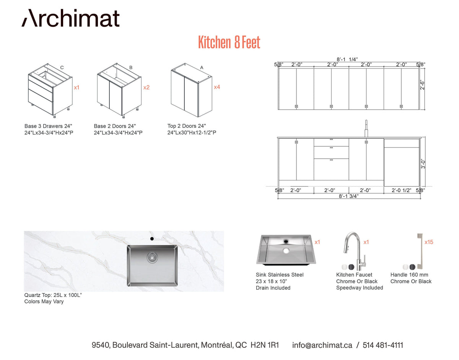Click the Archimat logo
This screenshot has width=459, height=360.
click(x=70, y=18)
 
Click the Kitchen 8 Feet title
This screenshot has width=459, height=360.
click(x=229, y=42)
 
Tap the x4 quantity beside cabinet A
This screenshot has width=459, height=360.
click(x=217, y=87)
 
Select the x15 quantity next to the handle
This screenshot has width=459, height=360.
click(x=428, y=242)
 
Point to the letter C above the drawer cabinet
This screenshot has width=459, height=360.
click(x=62, y=68)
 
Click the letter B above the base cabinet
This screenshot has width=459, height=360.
click(x=131, y=68)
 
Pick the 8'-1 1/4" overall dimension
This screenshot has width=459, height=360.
click(x=347, y=59)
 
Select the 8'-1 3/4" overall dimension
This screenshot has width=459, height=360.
click(x=348, y=196)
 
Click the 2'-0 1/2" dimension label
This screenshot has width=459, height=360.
click(x=401, y=190)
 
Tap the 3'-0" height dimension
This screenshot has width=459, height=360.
click(x=423, y=165)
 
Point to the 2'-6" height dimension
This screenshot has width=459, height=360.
click(x=422, y=85)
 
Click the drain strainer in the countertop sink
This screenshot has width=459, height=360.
click(x=152, y=257)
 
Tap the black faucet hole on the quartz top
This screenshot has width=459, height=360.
click(x=152, y=239)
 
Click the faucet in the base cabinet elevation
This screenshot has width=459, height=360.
click(x=366, y=129)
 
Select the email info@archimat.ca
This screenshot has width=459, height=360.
click(x=322, y=345)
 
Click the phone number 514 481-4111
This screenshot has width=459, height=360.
click(x=383, y=345)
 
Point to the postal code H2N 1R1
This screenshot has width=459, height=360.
click(x=265, y=345)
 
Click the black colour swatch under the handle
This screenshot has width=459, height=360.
click(x=412, y=267)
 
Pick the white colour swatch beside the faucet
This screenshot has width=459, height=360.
click(x=345, y=267)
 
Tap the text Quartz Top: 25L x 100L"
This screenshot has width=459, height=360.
click(x=53, y=295)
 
